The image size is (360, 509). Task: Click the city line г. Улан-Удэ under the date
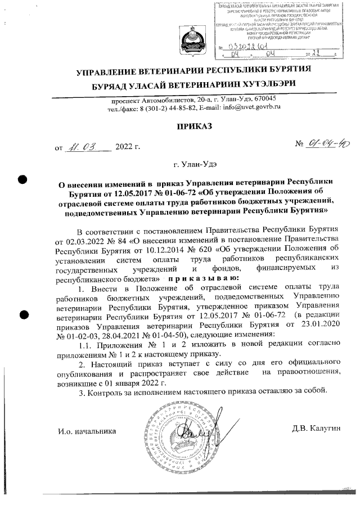[194, 165]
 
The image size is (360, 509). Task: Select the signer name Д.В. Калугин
[313, 429]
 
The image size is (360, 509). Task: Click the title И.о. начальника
[87, 431]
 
